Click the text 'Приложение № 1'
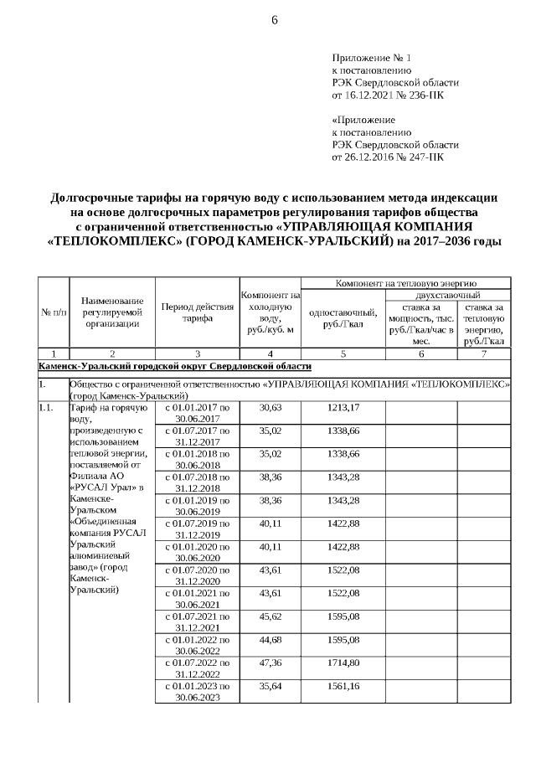pyautogui.click(x=372, y=58)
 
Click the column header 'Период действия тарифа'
pyautogui.click(x=196, y=312)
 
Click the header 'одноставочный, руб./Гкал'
pyautogui.click(x=343, y=318)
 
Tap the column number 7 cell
pyautogui.click(x=483, y=354)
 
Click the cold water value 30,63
pyautogui.click(x=270, y=407)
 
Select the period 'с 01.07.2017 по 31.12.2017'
pyautogui.click(x=196, y=436)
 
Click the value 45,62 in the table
pyautogui.click(x=270, y=617)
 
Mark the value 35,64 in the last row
pyautogui.click(x=270, y=687)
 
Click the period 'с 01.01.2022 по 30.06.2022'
pyautogui.click(x=196, y=646)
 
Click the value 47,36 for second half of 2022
pyautogui.click(x=270, y=663)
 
